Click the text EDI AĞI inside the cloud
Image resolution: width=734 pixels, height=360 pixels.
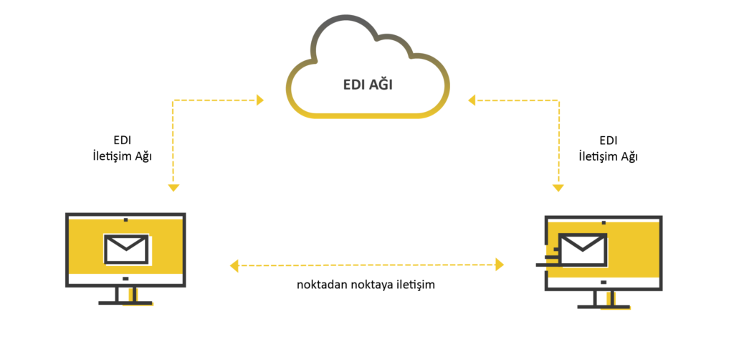point(368,86)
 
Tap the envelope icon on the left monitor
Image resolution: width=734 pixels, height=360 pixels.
point(125,249)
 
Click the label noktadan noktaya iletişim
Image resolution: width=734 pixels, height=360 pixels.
point(366,285)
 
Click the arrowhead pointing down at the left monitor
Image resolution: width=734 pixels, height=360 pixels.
point(173,187)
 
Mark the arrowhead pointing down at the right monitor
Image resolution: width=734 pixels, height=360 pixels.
point(557,187)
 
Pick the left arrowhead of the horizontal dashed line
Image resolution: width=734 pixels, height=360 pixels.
point(234,266)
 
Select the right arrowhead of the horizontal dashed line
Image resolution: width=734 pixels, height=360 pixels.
point(500,265)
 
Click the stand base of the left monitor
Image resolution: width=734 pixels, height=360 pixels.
point(125,303)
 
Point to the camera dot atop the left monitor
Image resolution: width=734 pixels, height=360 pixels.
point(125,219)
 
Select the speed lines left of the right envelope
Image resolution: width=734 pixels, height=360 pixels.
point(548,257)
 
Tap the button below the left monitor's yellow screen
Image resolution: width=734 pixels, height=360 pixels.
point(125,278)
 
